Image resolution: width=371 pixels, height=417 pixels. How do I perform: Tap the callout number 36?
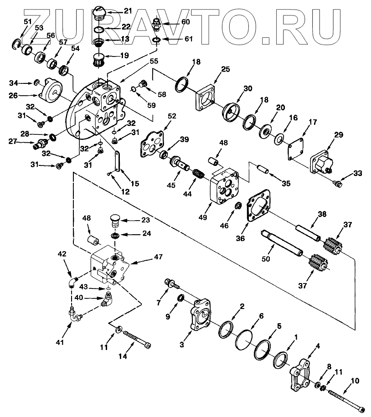240,238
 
